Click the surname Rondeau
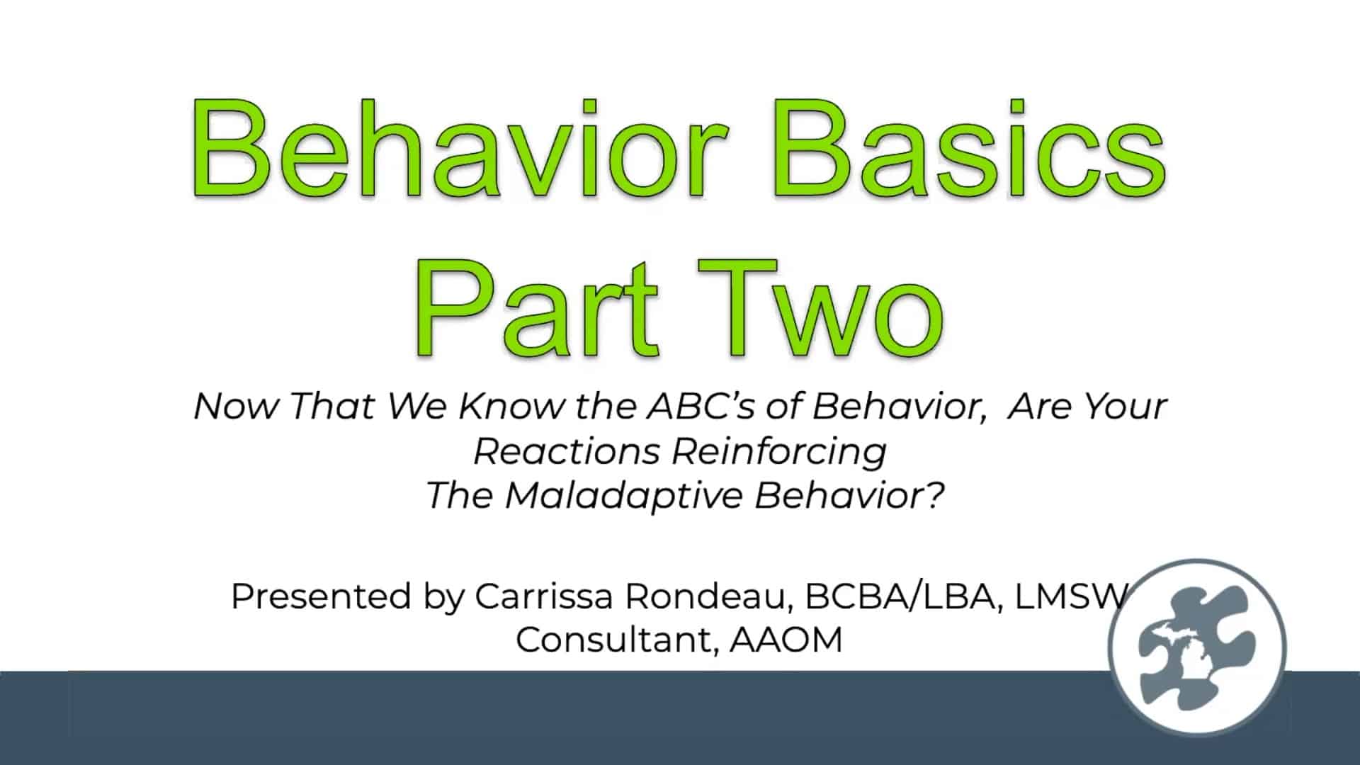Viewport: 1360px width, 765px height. pos(708,597)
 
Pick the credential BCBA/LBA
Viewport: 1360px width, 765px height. pos(902,596)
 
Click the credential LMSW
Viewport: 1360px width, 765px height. pos(1070,596)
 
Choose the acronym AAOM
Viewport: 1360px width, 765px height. pos(786,640)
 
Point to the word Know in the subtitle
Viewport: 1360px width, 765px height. pos(511,406)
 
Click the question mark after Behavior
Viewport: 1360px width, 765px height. pos(935,495)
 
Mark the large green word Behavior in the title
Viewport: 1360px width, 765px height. pos(461,149)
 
